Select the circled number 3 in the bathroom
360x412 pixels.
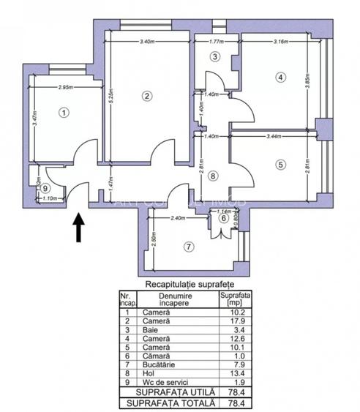pyautogui.click(x=214, y=56)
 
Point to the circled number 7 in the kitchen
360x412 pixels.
pyautogui.click(x=189, y=247)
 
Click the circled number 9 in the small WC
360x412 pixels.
pyautogui.click(x=45, y=187)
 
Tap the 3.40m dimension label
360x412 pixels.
pyautogui.click(x=146, y=42)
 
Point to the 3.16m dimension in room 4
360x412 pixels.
pyautogui.click(x=280, y=42)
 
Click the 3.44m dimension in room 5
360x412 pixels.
pyautogui.click(x=274, y=137)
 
